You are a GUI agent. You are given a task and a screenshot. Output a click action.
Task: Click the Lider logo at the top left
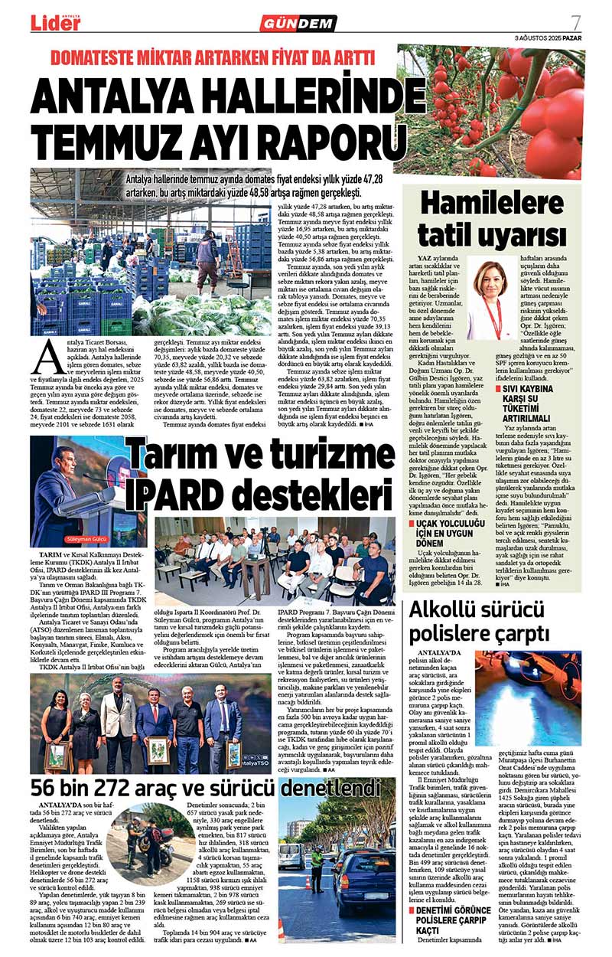pyautogui.click(x=55, y=22)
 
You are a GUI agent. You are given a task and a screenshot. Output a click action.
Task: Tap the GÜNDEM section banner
pyautogui.click(x=298, y=24)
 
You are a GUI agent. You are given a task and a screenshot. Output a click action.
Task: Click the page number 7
pyautogui.click(x=575, y=22)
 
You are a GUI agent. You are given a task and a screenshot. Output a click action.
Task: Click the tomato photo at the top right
pyautogui.click(x=490, y=111)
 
